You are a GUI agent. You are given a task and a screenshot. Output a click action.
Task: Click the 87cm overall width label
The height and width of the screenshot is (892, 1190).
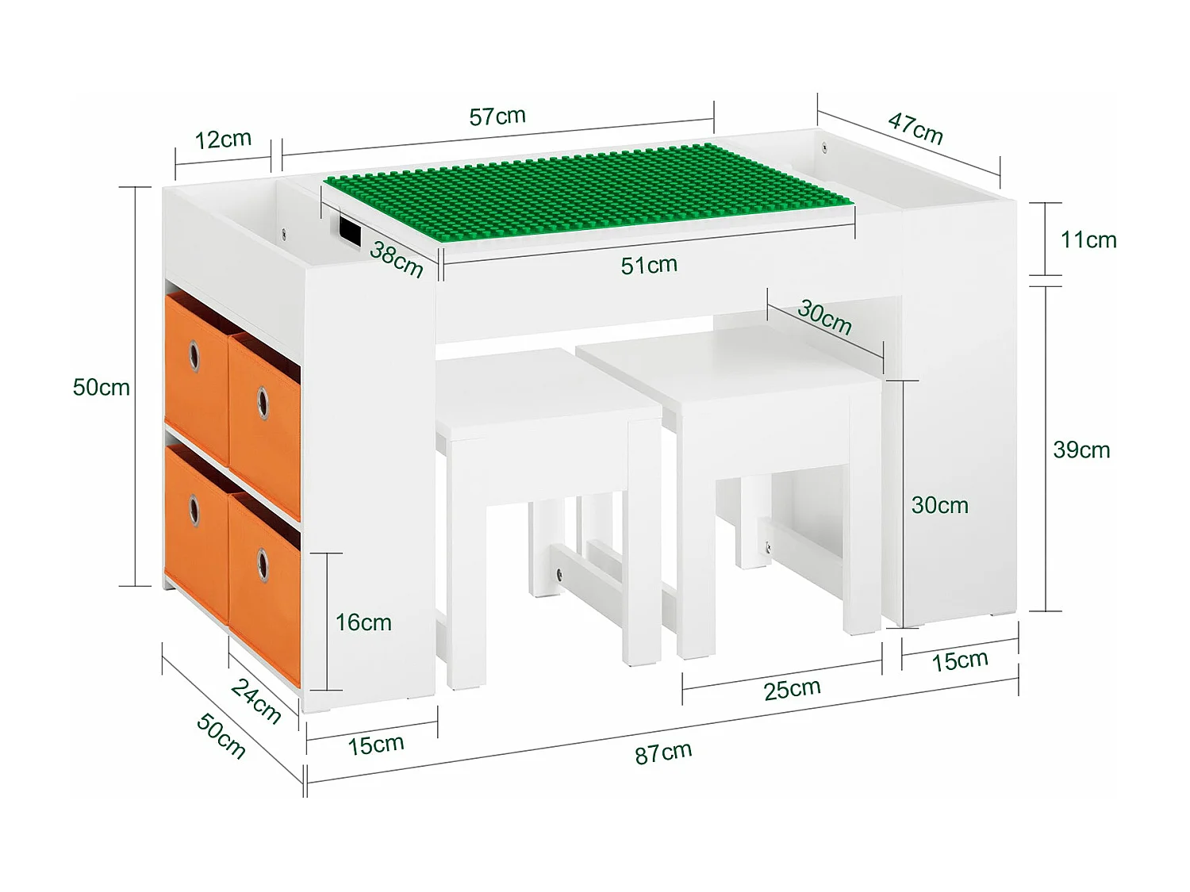(x=663, y=752)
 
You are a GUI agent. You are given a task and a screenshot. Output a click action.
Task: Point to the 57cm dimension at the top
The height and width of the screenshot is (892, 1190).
(x=497, y=117)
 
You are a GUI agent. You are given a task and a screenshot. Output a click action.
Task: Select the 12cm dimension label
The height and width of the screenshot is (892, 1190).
(x=223, y=140)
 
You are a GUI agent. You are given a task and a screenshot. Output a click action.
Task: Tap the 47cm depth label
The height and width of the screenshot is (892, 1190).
(x=916, y=128)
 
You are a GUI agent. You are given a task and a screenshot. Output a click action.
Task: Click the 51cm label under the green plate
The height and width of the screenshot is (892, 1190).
(x=649, y=265)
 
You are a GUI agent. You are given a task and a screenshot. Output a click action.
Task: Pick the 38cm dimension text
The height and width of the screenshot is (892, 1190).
(x=397, y=259)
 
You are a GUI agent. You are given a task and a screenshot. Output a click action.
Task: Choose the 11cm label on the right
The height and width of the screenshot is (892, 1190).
(x=1088, y=239)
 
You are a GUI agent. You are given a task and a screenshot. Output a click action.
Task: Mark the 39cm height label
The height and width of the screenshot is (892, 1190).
(x=1081, y=450)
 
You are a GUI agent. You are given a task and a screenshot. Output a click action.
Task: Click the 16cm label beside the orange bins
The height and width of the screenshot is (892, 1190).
(x=363, y=622)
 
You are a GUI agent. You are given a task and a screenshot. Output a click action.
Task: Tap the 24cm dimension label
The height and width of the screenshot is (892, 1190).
(x=256, y=701)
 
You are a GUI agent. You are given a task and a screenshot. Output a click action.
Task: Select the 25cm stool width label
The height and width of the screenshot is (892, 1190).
(x=792, y=689)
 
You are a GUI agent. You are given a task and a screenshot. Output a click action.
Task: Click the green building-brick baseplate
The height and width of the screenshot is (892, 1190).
(x=587, y=190)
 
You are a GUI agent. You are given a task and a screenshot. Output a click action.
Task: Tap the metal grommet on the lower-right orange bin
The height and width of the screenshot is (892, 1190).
(x=263, y=565)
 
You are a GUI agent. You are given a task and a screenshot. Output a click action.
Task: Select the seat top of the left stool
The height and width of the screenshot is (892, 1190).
(x=547, y=392)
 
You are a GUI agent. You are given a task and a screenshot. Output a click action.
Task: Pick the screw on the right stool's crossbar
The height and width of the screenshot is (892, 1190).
(x=767, y=545)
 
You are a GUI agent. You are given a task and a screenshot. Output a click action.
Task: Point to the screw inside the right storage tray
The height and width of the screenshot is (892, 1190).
(x=824, y=146)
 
